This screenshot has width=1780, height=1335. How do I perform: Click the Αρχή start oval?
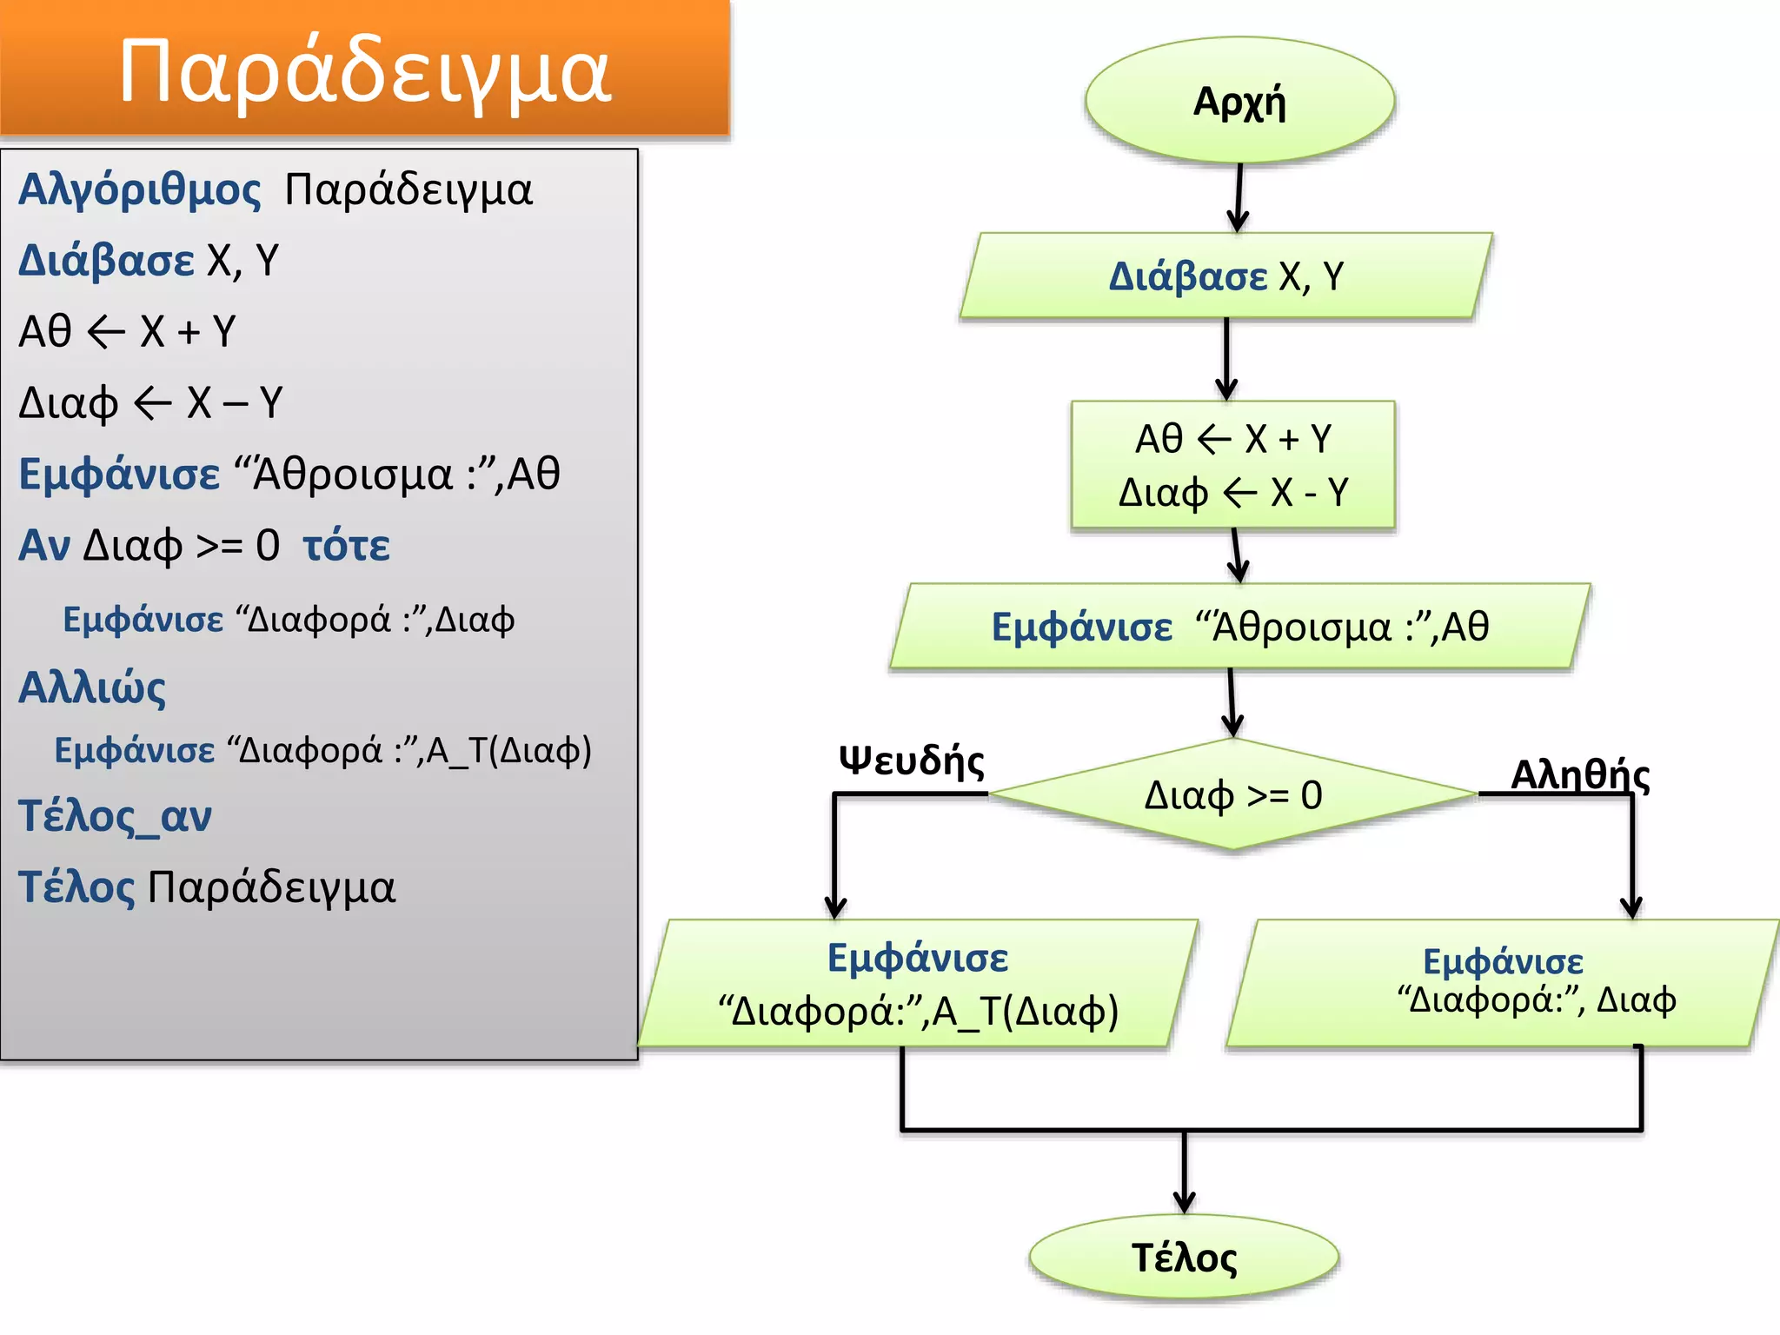pos(1239,101)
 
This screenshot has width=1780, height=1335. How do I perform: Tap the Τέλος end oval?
pos(1184,1257)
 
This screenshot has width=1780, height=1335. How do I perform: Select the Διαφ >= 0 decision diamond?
pos(1232,794)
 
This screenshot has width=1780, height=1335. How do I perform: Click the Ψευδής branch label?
pos(911,760)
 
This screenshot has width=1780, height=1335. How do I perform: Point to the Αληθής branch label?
pos(1579,774)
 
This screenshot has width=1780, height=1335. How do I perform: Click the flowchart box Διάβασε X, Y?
pos(1225,276)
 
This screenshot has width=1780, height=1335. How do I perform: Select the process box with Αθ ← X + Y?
pos(1232,465)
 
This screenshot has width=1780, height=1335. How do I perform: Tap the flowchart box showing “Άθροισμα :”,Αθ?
pos(1239,627)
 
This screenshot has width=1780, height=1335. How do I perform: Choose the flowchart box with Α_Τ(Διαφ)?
pos(918,984)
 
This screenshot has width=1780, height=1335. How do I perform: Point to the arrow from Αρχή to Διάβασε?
pos(1239,196)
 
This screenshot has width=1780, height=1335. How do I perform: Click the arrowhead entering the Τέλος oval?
pos(1184,1203)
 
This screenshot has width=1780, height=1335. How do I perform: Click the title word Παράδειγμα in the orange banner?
pos(365,71)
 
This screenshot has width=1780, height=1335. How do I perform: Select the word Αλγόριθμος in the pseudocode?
pos(139,189)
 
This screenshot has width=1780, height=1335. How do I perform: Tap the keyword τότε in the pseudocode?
pos(346,546)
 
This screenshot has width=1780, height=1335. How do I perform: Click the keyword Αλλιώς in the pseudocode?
pos(92,687)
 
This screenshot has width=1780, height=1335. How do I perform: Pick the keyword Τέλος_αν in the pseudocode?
pos(115,816)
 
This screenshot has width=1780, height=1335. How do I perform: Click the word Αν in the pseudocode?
pos(44,546)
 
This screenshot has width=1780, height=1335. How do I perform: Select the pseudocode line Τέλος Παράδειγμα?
pos(207,887)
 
